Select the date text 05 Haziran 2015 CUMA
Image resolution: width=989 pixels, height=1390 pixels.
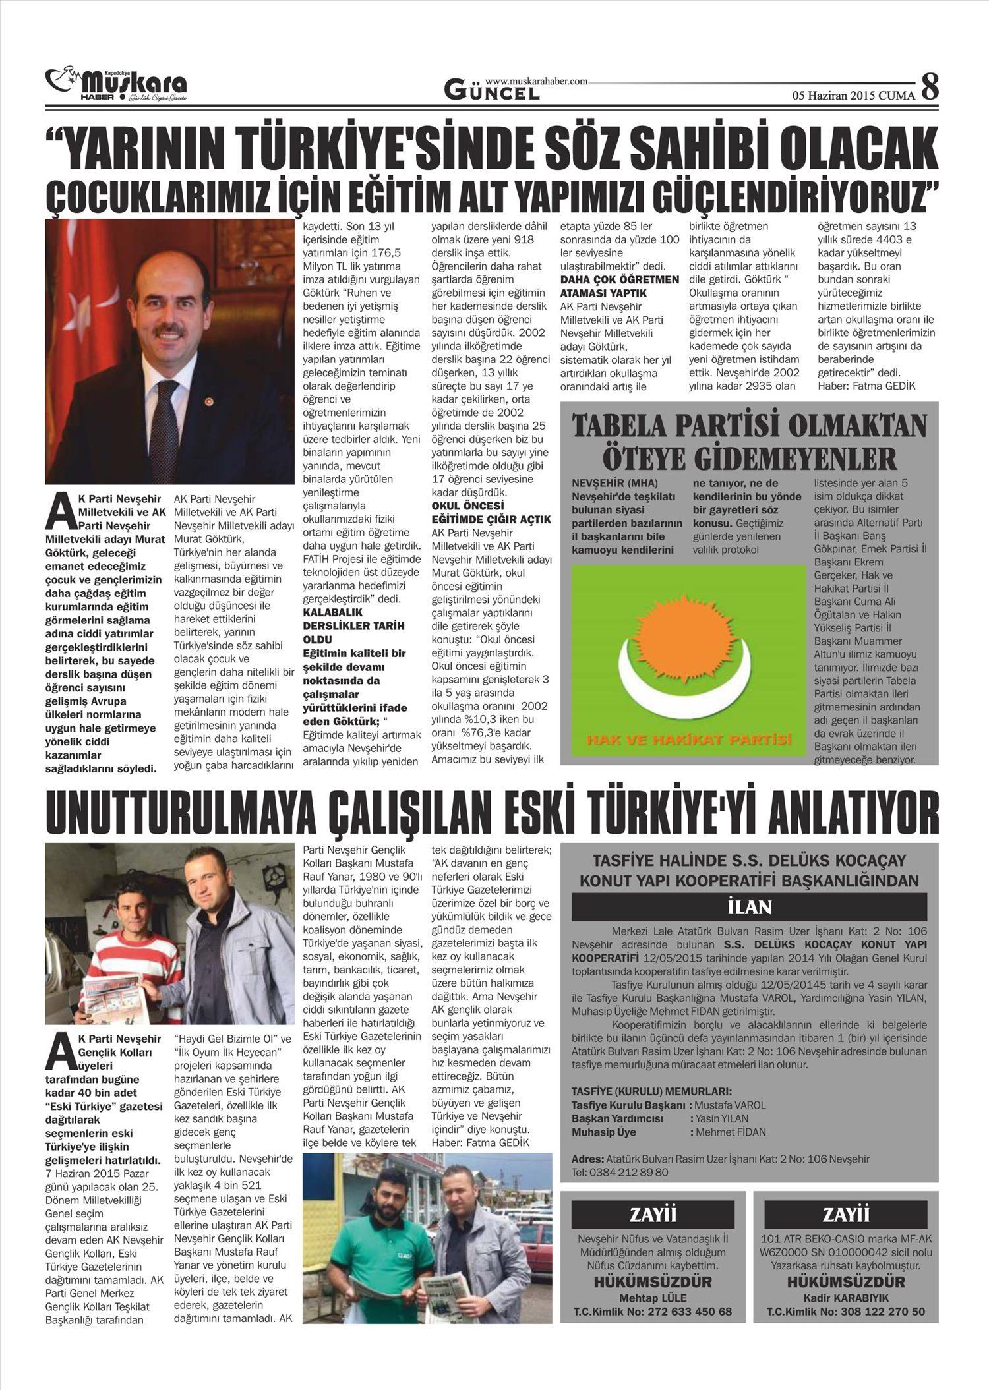[853, 96]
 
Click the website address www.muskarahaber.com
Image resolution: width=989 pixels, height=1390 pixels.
[536, 80]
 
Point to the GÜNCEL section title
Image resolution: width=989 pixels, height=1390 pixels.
[492, 91]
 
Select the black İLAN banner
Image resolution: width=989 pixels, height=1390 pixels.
[749, 907]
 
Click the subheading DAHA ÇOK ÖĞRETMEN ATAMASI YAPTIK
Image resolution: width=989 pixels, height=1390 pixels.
[619, 286]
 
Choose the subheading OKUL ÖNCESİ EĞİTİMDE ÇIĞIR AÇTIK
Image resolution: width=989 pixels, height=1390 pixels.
[491, 513]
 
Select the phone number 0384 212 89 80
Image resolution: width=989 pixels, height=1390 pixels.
[620, 1173]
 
